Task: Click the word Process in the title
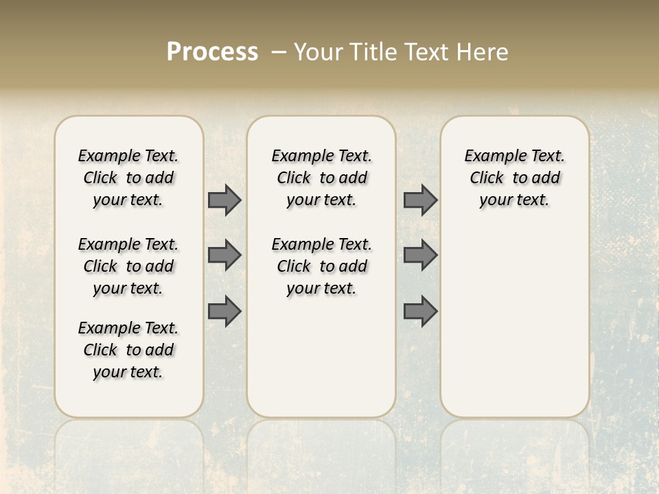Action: [x=212, y=52]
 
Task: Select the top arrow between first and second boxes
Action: [x=224, y=200]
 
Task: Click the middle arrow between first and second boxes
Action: [x=224, y=255]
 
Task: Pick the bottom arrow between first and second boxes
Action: [x=224, y=311]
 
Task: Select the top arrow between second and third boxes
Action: [x=420, y=200]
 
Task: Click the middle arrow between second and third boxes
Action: [x=420, y=255]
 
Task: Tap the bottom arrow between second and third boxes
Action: [x=420, y=311]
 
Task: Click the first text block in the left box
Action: [x=128, y=178]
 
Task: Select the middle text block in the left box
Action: [x=128, y=266]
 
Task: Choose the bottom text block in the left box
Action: [x=128, y=350]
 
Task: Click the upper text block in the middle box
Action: [x=321, y=178]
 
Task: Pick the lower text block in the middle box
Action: [x=321, y=266]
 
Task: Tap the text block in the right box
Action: [x=514, y=178]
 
